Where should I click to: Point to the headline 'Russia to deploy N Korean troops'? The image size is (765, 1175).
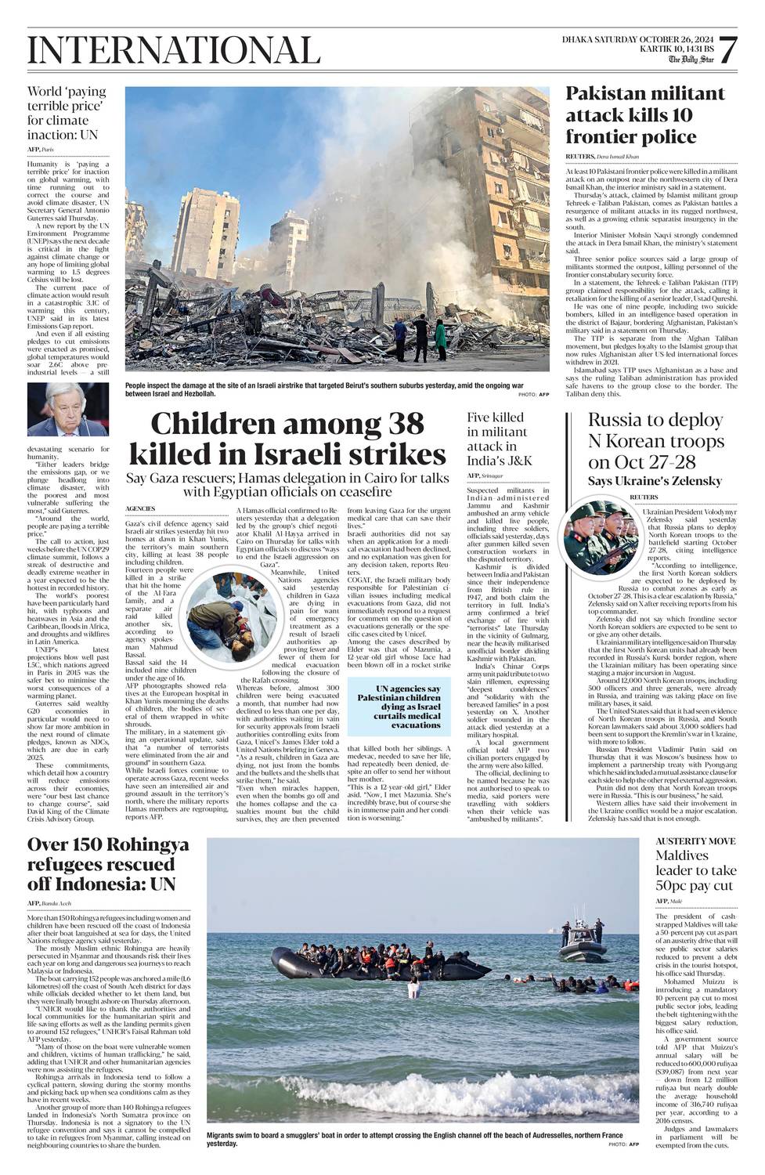655,441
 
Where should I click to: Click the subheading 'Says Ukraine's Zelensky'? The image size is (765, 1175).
655,480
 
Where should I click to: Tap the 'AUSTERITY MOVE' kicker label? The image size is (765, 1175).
684,841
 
